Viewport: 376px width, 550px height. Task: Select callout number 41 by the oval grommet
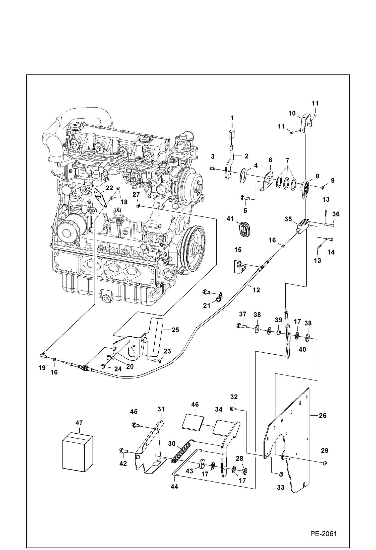pyautogui.click(x=230, y=218)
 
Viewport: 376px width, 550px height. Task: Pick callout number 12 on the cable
pyautogui.click(x=256, y=290)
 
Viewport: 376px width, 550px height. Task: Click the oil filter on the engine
pyautogui.click(x=67, y=232)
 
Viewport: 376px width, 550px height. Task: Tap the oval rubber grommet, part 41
pyautogui.click(x=244, y=229)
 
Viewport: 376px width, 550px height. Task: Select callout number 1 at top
pyautogui.click(x=232, y=118)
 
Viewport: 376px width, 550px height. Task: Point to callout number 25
pyautogui.click(x=175, y=330)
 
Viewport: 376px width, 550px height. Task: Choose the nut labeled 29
pyautogui.click(x=324, y=463)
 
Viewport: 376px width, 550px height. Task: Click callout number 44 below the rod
pyautogui.click(x=174, y=487)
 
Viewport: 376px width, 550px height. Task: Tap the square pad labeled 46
pyautogui.click(x=193, y=422)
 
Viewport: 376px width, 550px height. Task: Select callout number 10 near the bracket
pyautogui.click(x=292, y=113)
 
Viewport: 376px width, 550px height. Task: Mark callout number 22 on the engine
pyautogui.click(x=109, y=188)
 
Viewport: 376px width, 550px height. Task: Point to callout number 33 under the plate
pyautogui.click(x=281, y=487)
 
